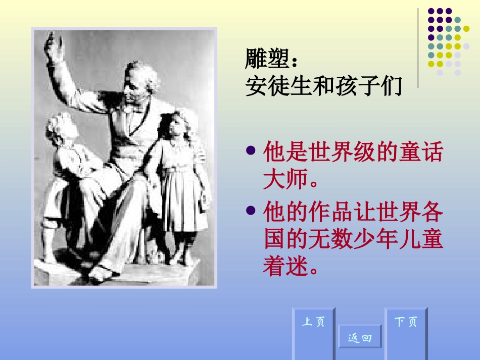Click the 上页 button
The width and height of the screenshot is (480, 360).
pyautogui.click(x=314, y=333)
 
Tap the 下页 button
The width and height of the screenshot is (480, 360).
pyautogui.click(x=406, y=333)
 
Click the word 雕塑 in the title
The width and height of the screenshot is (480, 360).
pyautogui.click(x=267, y=59)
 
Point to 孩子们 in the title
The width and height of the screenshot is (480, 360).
pyautogui.click(x=368, y=86)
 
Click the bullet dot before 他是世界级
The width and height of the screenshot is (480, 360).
pyautogui.click(x=251, y=150)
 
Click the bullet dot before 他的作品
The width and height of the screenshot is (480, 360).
pyautogui.click(x=251, y=210)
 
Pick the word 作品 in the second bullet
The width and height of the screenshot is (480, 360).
pyautogui.click(x=330, y=212)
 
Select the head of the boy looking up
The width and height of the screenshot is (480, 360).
pyautogui.click(x=61, y=128)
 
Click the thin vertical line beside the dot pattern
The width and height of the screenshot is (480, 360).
pyautogui.click(x=418, y=48)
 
